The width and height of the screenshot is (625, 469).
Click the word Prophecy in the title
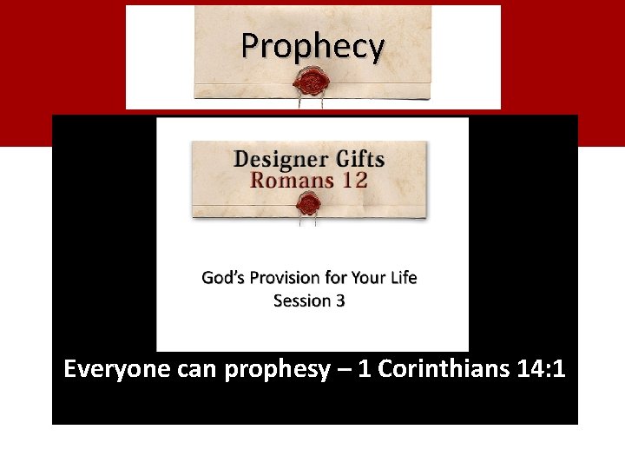[x=312, y=46]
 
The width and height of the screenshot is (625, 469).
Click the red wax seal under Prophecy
[x=311, y=83]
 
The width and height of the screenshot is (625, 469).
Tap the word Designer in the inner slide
[x=279, y=160]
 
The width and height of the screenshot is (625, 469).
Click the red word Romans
[x=290, y=181]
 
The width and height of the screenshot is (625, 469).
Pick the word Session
[x=301, y=301]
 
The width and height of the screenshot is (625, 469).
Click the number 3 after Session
[x=340, y=301]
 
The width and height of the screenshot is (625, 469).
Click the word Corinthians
[x=443, y=369]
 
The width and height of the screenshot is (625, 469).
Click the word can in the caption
[x=197, y=371]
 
